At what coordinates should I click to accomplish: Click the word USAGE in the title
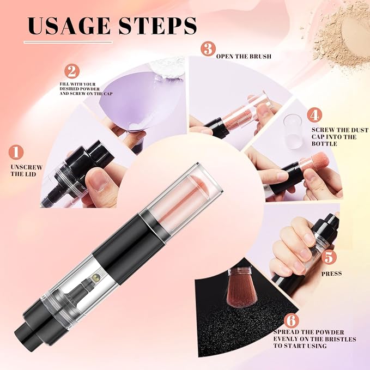[69, 26]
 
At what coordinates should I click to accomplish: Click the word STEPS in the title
[157, 26]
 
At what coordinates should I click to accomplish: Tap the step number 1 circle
[16, 152]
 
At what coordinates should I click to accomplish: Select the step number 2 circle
[72, 71]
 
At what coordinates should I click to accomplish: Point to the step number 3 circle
[208, 48]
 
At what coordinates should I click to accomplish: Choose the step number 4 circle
[314, 114]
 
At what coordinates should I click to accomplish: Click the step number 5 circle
[329, 257]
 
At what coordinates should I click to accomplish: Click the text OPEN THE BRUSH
[244, 56]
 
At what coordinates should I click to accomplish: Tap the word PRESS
[331, 274]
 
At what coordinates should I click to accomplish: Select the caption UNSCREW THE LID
[26, 171]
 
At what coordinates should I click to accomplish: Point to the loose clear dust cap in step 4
[293, 131]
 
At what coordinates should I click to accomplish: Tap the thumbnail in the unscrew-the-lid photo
[99, 180]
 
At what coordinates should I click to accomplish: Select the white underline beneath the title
[68, 43]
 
